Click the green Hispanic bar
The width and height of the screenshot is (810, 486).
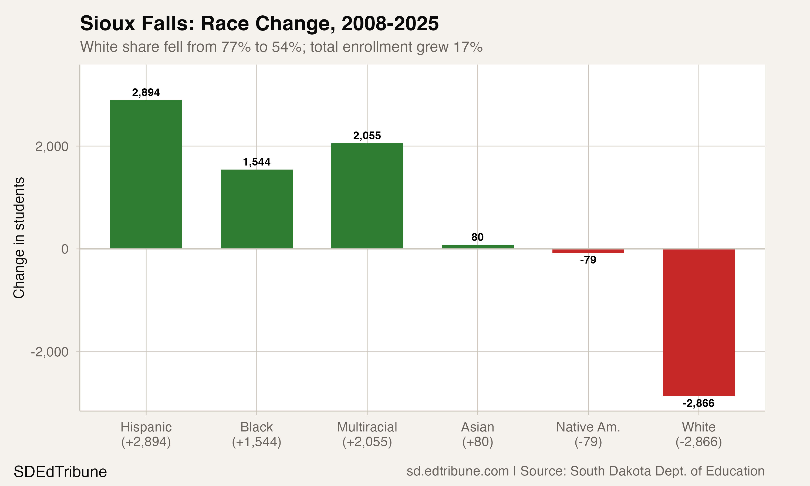146,174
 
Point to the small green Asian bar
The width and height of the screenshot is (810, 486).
477,247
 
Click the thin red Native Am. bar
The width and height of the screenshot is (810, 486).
588,251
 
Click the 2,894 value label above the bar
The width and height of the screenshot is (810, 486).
146,93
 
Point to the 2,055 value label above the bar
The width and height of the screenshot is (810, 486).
367,136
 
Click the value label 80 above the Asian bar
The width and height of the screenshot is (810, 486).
477,237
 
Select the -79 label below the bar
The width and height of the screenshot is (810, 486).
588,260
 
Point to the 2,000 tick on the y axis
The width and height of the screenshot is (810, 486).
52,146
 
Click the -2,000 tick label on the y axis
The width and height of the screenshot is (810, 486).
49,352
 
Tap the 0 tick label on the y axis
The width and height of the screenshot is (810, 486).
65,249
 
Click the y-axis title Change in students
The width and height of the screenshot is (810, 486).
19,238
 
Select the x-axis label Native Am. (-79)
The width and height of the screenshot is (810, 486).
588,434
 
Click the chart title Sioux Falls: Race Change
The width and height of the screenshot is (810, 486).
259,23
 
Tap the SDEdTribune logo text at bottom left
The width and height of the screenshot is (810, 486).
60,472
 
